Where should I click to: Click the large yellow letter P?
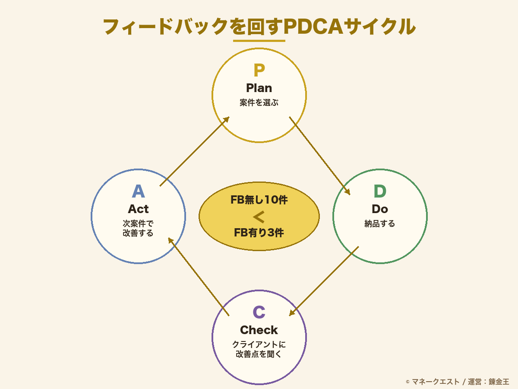pyautogui.click(x=259, y=70)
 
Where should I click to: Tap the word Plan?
pyautogui.click(x=259, y=88)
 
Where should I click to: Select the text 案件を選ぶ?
pyautogui.click(x=259, y=103)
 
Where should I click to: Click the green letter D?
pyautogui.click(x=380, y=191)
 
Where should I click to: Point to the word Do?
pyautogui.click(x=380, y=209)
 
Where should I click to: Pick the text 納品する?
pyautogui.click(x=380, y=224)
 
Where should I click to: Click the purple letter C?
pyautogui.click(x=259, y=312)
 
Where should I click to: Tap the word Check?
pyautogui.click(x=259, y=330)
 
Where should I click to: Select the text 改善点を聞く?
pyautogui.click(x=259, y=354)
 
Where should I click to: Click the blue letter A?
pyautogui.click(x=138, y=191)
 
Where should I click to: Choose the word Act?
pyautogui.click(x=138, y=209)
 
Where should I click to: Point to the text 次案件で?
pyautogui.click(x=138, y=224)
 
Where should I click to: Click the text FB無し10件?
pyautogui.click(x=259, y=200)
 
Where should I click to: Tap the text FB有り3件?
pyautogui.click(x=259, y=233)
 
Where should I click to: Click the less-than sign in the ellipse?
pyautogui.click(x=259, y=217)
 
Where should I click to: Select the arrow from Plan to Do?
pyautogui.click(x=319, y=156)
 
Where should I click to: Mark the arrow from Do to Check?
pyautogui.click(x=324, y=281)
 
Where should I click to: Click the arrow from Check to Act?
pyautogui.click(x=199, y=277)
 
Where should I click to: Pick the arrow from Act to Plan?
pyautogui.click(x=194, y=151)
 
